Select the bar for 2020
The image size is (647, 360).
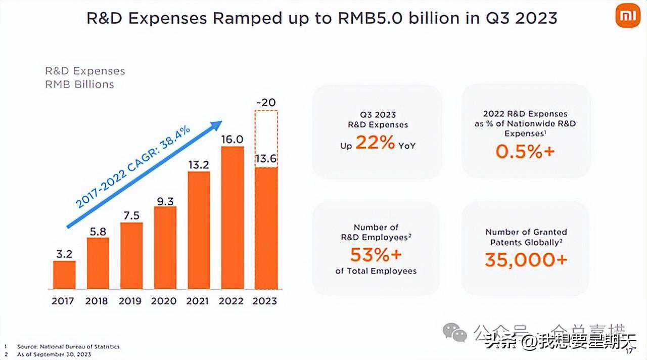tap(165, 247)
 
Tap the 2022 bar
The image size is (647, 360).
tap(232, 217)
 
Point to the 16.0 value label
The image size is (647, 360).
tap(233, 139)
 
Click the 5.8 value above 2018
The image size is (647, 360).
tap(98, 231)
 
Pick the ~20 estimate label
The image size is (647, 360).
tap(266, 103)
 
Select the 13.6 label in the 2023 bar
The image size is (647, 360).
tap(266, 158)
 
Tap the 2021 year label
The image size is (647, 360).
tap(198, 301)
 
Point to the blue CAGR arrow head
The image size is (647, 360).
tap(217, 124)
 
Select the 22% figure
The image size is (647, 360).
tap(375, 143)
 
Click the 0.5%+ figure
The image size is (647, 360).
tap(525, 151)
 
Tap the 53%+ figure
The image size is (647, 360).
tap(376, 254)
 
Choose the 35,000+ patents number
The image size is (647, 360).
tap(526, 260)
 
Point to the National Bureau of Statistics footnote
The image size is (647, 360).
tap(68, 346)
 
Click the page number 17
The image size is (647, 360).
tap(629, 351)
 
